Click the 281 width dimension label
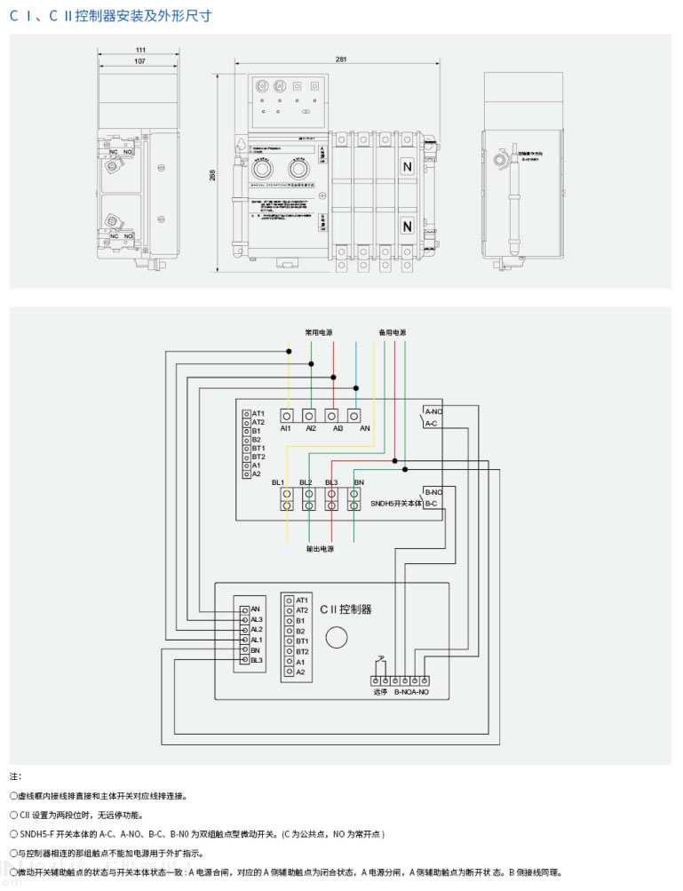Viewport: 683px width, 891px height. pos(341,59)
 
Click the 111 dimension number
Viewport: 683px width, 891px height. pos(140,49)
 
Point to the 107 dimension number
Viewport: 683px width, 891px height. pos(140,60)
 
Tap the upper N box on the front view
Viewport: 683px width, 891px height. pos(408,167)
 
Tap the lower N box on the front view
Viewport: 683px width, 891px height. pos(408,227)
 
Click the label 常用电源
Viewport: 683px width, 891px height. pos(319,332)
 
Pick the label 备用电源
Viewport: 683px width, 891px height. pos(392,332)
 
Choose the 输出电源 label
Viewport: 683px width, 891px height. pos(320,549)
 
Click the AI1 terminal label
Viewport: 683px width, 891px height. pos(286,428)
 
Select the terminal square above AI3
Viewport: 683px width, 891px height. pos(331,415)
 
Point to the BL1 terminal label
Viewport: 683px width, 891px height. pos(279,482)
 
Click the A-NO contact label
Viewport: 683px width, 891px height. pos(433,412)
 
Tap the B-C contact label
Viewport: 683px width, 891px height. pos(431,504)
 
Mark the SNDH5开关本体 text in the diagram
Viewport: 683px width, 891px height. pos(396,504)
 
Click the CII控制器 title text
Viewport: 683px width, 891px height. pos(345,609)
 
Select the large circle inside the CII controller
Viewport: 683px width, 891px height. pos(337,638)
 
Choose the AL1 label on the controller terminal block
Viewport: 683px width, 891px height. pos(257,640)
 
